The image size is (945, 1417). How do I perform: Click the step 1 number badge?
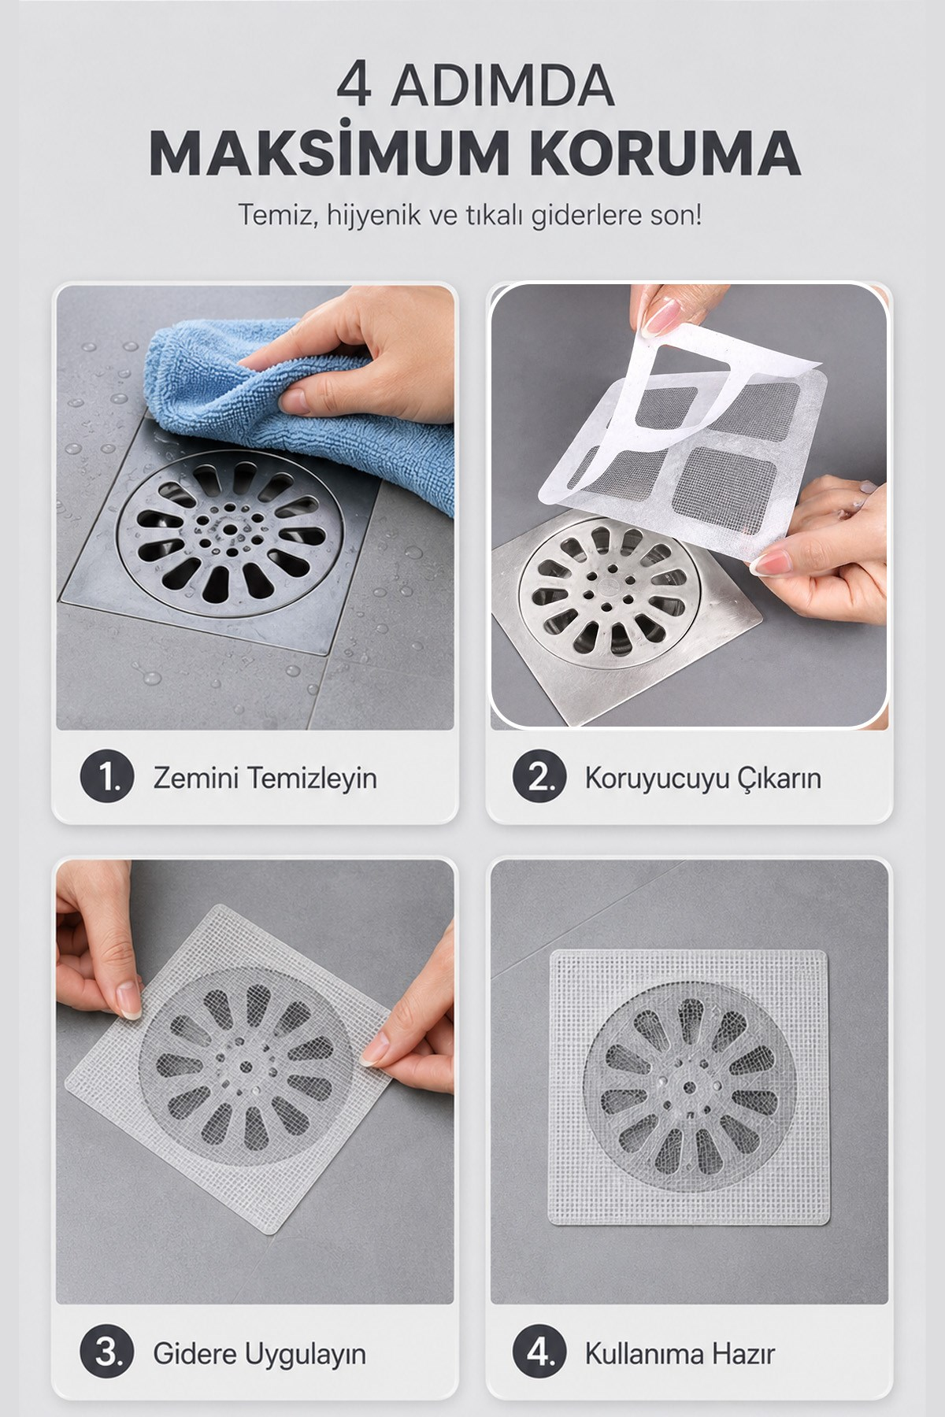click(106, 778)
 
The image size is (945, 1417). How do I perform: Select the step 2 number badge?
click(539, 778)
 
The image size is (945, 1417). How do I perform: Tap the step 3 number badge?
click(106, 1353)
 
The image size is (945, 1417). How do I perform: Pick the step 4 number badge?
click(539, 1353)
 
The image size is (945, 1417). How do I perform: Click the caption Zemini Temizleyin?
click(265, 779)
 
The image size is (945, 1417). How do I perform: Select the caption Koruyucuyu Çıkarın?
click(702, 779)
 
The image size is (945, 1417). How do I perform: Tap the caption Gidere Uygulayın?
click(259, 1355)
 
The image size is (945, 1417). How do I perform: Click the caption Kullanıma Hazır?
click(680, 1354)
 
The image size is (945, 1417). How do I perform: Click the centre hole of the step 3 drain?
click(246, 1067)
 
